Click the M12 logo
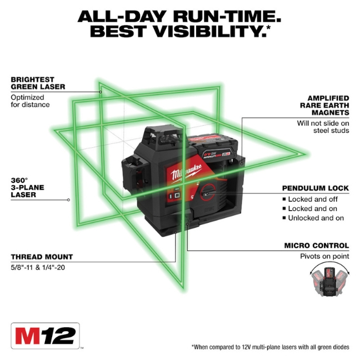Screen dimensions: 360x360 click(45, 336)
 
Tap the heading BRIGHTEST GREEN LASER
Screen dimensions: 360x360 click(38, 83)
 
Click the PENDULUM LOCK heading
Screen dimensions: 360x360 click(316, 188)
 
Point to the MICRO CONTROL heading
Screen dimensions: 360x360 click(317, 245)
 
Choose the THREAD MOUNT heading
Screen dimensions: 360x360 click(42, 257)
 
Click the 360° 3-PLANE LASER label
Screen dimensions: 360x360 click(27, 187)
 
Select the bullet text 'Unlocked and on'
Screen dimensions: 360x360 click(316, 218)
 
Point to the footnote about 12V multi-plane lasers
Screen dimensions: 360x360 click(271, 347)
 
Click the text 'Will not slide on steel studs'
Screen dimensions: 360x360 click(322, 127)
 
